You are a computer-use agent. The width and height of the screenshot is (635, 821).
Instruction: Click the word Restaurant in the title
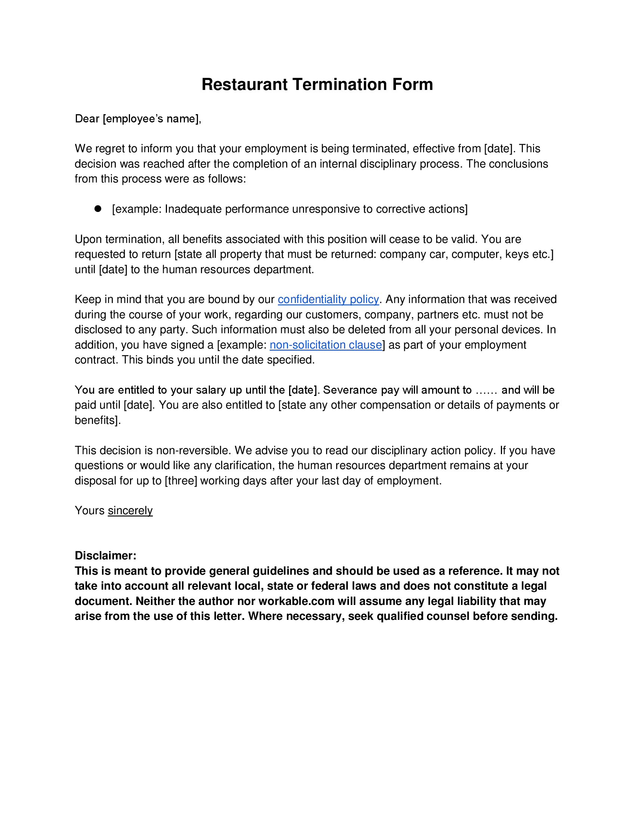245,84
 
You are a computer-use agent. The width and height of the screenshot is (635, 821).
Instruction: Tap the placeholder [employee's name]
151,119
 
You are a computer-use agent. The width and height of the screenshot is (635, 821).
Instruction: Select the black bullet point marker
98,209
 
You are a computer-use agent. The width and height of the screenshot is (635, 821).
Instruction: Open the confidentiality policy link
328,299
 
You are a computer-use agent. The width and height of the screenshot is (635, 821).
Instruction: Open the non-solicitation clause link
325,345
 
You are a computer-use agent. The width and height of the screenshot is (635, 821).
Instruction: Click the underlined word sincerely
130,511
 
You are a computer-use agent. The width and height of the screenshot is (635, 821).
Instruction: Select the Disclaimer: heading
105,556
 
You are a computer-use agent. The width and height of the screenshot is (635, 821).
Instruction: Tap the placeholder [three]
180,481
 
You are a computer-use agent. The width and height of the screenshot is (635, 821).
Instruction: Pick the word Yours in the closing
90,511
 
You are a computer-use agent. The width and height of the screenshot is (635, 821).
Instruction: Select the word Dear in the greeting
87,119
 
